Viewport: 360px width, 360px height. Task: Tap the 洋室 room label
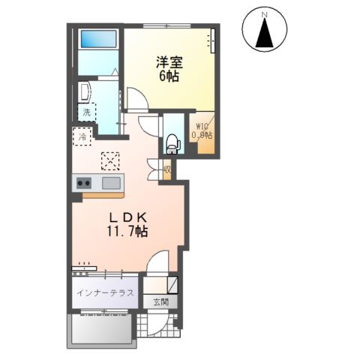[x=169, y=62]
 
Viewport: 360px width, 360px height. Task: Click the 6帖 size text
[x=169, y=76]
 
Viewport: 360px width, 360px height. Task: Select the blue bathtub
[x=98, y=39]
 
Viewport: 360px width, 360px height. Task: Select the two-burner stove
[x=82, y=183]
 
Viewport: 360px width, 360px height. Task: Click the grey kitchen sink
[x=111, y=183]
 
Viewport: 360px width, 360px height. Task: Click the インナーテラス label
[x=103, y=293]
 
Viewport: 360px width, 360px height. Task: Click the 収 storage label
[x=167, y=169]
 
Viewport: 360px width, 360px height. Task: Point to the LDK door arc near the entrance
[x=158, y=263]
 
